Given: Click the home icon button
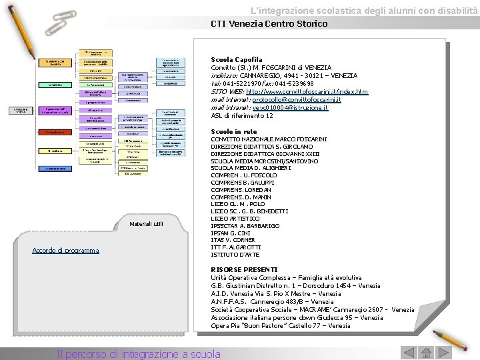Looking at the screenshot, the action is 425,353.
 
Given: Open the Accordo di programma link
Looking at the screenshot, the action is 65,251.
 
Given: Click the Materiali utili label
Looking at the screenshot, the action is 146,223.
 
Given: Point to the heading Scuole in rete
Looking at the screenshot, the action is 233,132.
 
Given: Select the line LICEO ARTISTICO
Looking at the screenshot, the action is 235,219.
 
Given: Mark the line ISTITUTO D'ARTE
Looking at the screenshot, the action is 235,255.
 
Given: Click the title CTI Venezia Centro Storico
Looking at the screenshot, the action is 269,24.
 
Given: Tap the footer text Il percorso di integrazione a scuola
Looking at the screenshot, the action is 139,354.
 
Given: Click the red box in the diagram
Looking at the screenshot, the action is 55,132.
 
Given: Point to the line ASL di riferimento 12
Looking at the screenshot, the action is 241,115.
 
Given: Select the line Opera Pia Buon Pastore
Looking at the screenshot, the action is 280,326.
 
